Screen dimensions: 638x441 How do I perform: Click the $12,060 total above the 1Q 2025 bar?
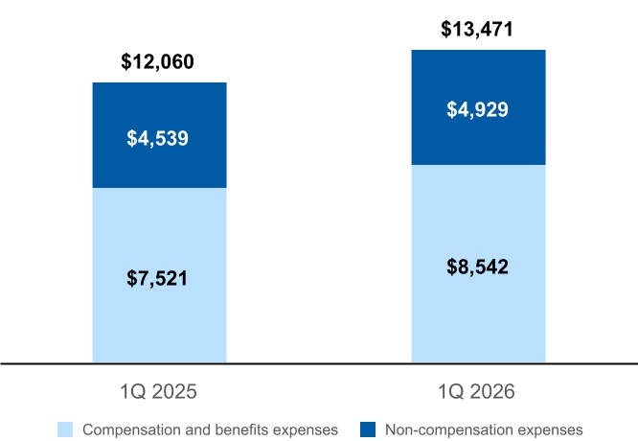157,62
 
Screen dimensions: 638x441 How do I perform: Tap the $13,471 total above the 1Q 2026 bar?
477,30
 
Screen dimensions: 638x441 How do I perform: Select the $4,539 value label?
157,138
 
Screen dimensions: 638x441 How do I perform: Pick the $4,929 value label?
477,109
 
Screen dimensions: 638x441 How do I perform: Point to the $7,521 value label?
157,279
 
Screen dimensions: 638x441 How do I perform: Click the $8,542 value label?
477,267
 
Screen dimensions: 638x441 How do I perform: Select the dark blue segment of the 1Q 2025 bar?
159,135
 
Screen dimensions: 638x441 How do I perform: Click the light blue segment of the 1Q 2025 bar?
159,275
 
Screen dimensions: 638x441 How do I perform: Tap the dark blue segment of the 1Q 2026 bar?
479,107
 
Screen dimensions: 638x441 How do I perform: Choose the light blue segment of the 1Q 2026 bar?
479,264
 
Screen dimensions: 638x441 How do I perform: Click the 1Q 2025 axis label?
158,392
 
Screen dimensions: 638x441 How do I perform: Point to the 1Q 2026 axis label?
476,392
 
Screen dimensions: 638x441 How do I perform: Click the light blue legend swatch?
65,429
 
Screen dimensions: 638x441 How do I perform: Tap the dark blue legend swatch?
368,429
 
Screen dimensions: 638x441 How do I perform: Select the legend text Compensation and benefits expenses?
210,430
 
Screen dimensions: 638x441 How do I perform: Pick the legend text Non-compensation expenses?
484,430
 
